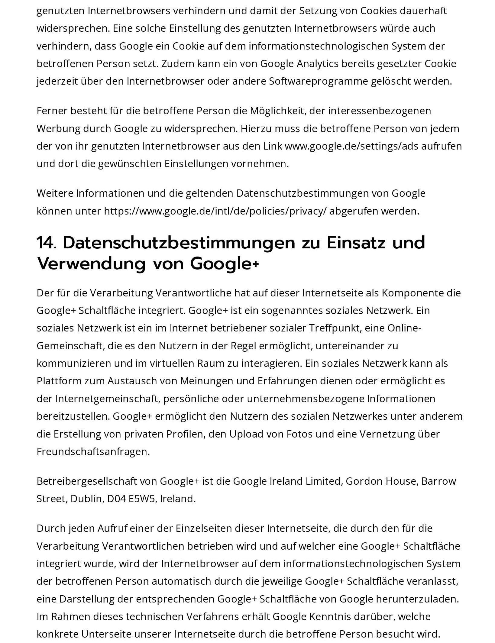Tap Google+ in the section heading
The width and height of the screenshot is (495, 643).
click(x=224, y=264)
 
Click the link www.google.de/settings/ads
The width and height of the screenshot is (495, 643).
click(x=351, y=146)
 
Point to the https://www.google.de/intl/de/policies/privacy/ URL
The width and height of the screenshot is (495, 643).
click(x=215, y=211)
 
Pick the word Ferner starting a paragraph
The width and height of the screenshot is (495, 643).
click(x=52, y=111)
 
